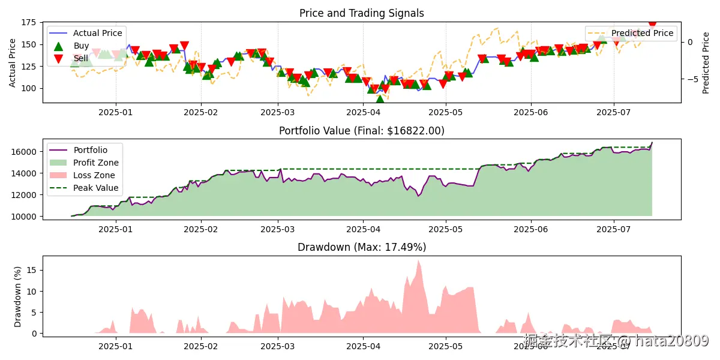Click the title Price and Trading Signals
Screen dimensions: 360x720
[x=361, y=13]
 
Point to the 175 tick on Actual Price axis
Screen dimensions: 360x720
[x=28, y=23]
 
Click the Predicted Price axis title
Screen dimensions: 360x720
[x=706, y=62]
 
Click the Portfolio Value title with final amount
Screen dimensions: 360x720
[x=361, y=131]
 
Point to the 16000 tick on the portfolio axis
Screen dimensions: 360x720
[x=25, y=152]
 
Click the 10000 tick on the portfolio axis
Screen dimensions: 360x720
[x=25, y=216]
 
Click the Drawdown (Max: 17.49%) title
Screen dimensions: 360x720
[x=361, y=247]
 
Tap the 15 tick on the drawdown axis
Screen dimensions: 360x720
[x=34, y=270]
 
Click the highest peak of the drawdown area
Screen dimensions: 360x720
[x=418, y=260]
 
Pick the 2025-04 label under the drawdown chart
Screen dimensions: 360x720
[x=363, y=346]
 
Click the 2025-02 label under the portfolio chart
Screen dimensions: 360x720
[x=201, y=229]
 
